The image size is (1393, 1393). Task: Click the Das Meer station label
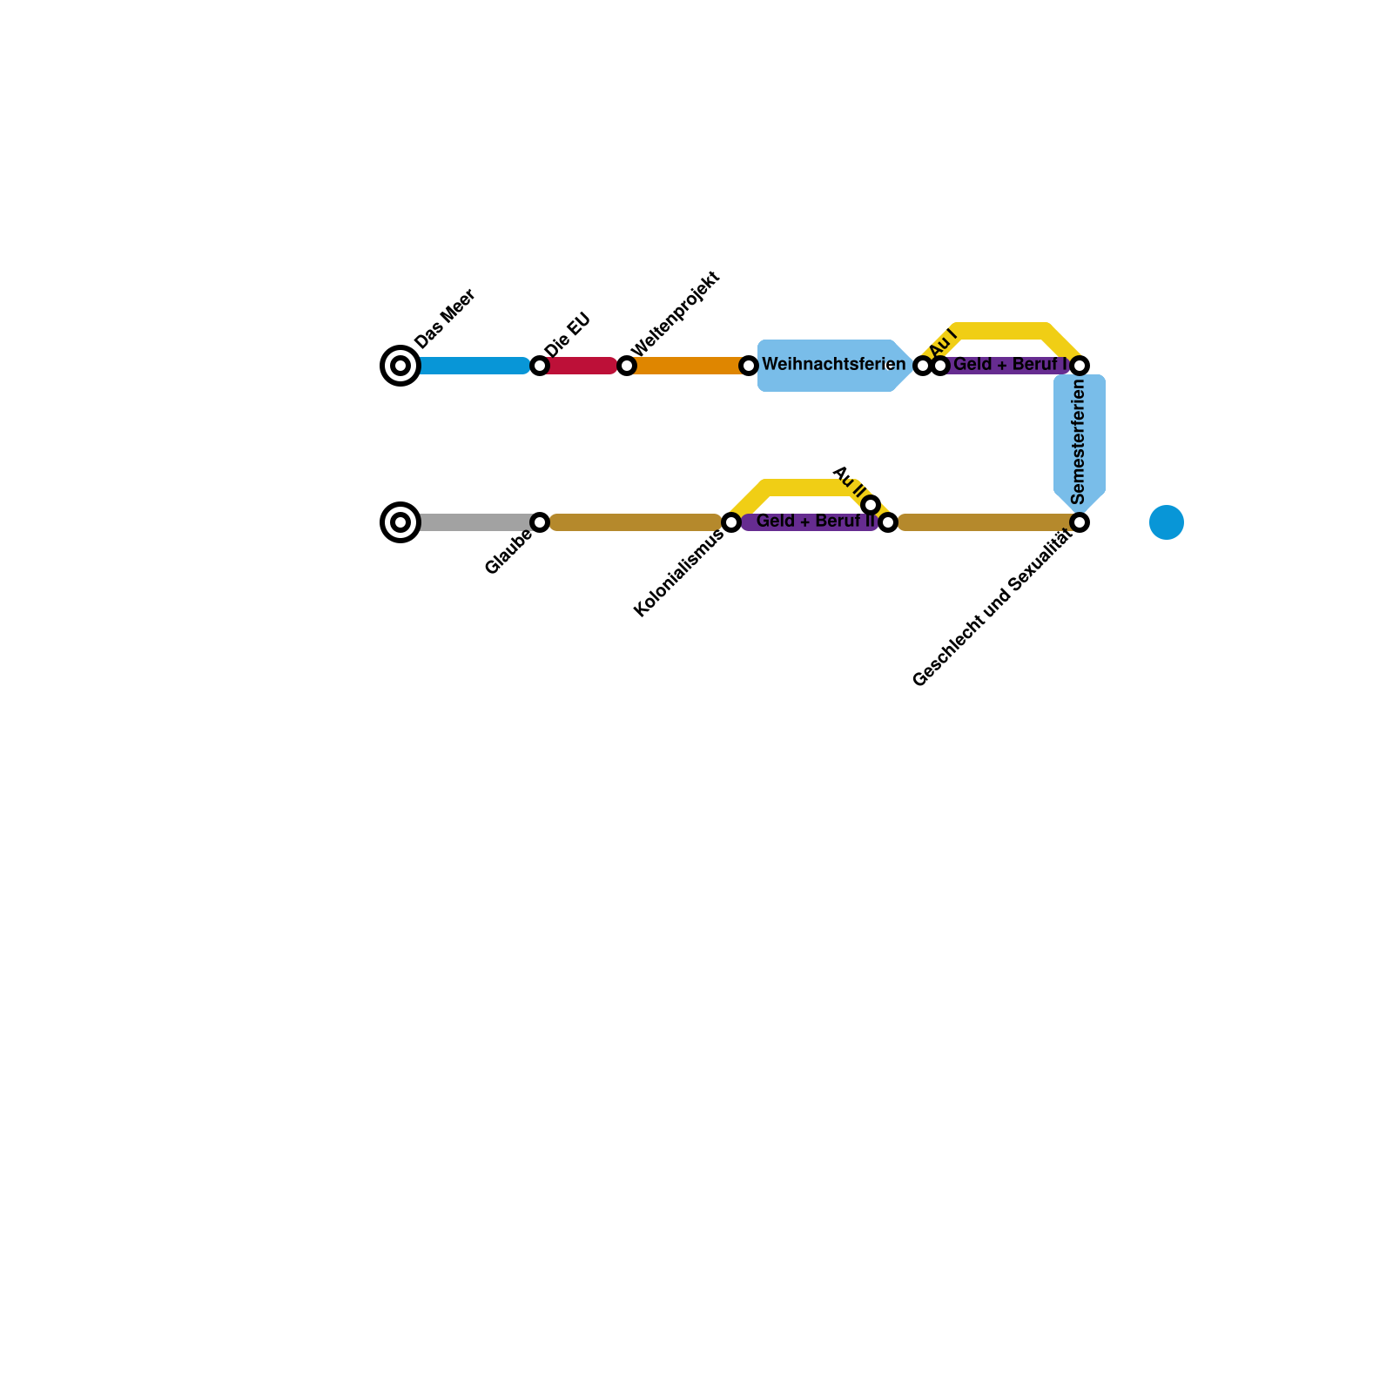click(x=445, y=319)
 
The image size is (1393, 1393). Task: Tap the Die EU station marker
click(x=540, y=366)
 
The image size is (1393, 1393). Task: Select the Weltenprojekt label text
click(x=675, y=314)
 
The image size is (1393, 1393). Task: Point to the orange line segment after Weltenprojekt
click(x=688, y=366)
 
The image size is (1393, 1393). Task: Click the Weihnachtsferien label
click(x=833, y=365)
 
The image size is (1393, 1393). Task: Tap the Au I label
click(x=943, y=344)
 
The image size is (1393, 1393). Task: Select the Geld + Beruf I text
click(x=1010, y=365)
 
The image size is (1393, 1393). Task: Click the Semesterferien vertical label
click(x=1079, y=441)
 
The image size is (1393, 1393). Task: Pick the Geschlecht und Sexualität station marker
click(x=1080, y=522)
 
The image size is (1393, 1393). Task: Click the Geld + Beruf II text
click(x=815, y=522)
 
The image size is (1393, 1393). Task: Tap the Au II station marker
click(x=871, y=505)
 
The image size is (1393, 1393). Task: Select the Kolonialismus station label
click(x=678, y=574)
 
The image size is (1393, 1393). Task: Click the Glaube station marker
click(x=540, y=522)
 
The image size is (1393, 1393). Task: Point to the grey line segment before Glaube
click(x=474, y=522)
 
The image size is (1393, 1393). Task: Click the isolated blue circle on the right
click(x=1167, y=522)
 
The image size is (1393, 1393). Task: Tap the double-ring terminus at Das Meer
click(x=400, y=366)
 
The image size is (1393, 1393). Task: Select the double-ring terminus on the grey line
click(x=400, y=522)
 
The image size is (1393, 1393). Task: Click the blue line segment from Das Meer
click(x=474, y=366)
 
